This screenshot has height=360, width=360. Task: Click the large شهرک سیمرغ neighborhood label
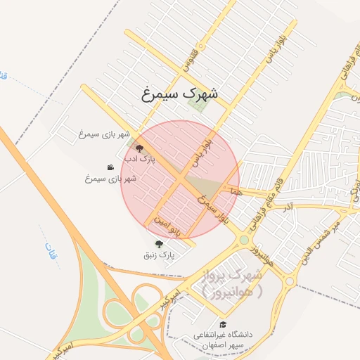point(180,93)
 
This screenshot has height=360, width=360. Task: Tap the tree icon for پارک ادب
point(139,148)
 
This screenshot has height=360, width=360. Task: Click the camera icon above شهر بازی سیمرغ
point(110,167)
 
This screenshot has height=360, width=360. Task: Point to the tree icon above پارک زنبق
point(158,243)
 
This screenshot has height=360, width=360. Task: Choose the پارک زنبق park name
point(159,255)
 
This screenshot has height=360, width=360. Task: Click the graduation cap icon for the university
point(223,324)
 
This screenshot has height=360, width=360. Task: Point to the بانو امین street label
point(172,225)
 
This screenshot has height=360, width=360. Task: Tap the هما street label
point(235,191)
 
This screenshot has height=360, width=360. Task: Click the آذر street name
point(287,208)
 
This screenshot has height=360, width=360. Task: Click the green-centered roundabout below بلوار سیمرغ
point(244,240)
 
